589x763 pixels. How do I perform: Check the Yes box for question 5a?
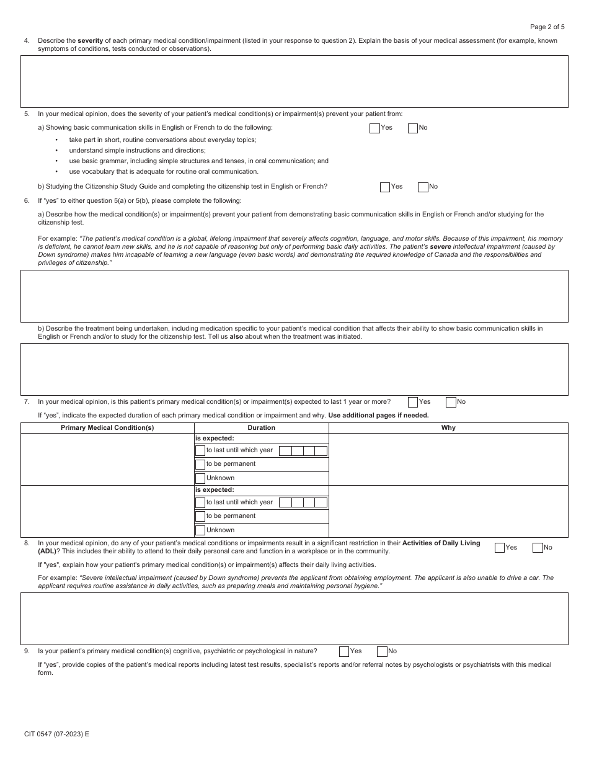click(x=374, y=128)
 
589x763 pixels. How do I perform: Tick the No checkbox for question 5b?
click(x=423, y=187)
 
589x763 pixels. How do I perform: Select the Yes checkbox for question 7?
click(x=413, y=402)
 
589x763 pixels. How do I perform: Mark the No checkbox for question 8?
click(x=538, y=548)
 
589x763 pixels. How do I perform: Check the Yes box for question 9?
click(x=344, y=651)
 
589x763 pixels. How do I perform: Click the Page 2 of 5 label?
click(x=547, y=27)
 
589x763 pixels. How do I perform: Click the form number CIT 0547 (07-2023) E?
click(x=56, y=734)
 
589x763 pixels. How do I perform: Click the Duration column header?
click(x=261, y=428)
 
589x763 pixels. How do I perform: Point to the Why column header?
click(x=448, y=428)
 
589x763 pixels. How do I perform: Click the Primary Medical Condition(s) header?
click(x=107, y=428)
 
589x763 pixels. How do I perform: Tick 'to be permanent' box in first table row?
click(x=200, y=465)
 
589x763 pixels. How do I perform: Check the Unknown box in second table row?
click(x=200, y=530)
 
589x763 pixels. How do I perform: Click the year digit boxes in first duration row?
click(x=303, y=451)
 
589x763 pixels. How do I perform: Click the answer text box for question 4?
click(x=294, y=81)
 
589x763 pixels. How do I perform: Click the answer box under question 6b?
click(x=294, y=369)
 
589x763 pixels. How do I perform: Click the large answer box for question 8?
click(x=294, y=618)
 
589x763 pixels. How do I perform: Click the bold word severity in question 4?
click(x=90, y=41)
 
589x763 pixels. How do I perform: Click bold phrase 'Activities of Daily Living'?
click(x=441, y=543)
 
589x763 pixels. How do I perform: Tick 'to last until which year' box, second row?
click(x=200, y=503)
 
